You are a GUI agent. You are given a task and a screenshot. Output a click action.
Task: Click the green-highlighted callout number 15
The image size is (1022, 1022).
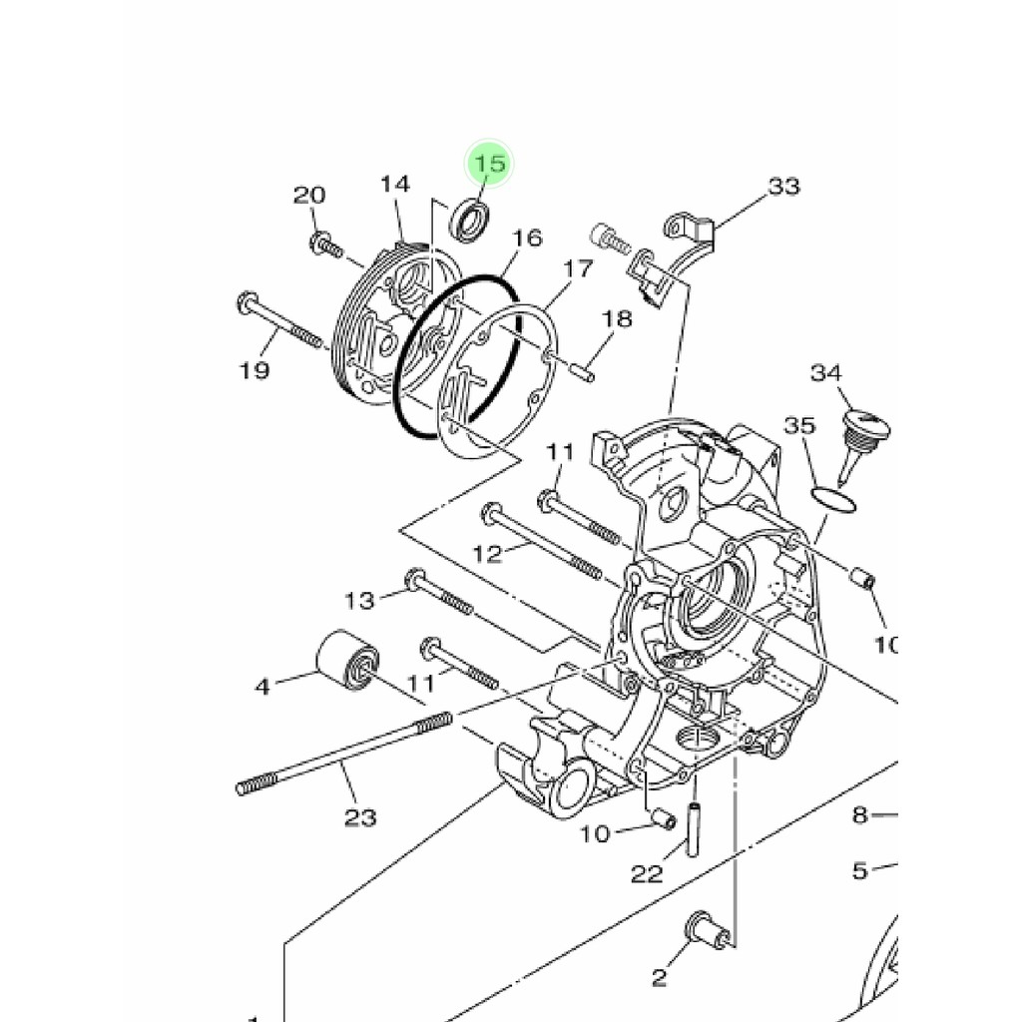(489, 163)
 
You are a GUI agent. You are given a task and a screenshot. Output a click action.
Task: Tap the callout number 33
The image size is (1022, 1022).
(783, 187)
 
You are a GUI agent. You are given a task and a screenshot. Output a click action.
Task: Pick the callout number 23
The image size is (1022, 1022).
(360, 816)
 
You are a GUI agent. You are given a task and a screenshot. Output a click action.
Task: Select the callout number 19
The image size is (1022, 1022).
(255, 370)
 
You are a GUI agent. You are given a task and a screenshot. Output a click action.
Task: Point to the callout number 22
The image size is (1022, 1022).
(647, 872)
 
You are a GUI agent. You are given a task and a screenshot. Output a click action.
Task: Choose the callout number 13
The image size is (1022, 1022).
(360, 600)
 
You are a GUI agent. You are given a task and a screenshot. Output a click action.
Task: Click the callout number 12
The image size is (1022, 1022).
(487, 554)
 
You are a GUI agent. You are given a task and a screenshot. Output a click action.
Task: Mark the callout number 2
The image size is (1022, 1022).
(659, 977)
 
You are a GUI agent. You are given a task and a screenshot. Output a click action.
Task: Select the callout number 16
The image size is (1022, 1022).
(527, 238)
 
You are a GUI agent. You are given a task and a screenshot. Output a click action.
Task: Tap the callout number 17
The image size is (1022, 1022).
(578, 267)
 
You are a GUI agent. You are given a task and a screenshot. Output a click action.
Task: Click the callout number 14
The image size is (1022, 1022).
(395, 185)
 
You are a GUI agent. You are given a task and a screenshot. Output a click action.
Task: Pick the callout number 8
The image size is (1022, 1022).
(860, 814)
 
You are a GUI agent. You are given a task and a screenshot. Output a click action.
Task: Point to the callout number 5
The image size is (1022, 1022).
(860, 870)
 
